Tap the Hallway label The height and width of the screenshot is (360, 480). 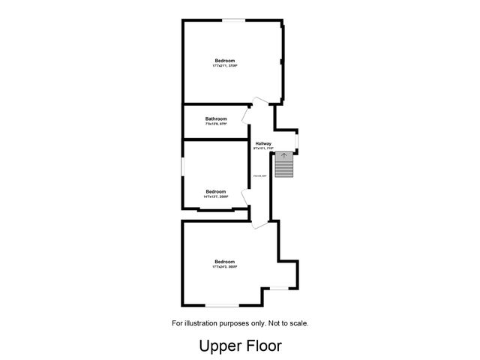click(263, 143)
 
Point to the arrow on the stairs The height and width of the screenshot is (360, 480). click(283, 156)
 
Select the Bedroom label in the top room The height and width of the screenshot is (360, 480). click(224, 61)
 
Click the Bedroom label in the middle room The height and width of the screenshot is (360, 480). click(216, 191)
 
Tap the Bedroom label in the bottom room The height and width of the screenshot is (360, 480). click(224, 261)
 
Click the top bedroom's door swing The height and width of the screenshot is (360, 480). click(259, 101)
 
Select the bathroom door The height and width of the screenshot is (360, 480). click(245, 115)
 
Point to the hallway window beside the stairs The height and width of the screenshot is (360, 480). click(298, 139)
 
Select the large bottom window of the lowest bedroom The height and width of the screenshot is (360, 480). click(222, 304)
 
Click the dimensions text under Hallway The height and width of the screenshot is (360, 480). click(263, 148)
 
